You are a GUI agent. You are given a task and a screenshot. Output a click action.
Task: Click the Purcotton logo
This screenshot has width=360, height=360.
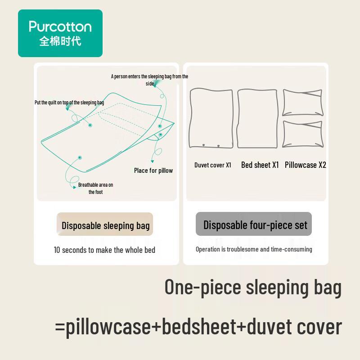[x=60, y=33]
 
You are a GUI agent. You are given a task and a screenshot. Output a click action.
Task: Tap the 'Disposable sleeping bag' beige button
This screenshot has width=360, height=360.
[x=105, y=225]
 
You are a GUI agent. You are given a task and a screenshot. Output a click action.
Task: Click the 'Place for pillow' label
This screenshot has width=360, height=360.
[x=153, y=171]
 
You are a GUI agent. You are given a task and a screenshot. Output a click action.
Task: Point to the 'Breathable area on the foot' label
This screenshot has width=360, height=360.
[x=95, y=189]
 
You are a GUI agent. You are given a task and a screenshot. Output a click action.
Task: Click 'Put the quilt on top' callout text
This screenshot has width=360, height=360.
[x=69, y=103]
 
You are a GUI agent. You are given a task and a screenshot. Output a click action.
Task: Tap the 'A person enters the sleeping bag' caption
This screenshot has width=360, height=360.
[x=149, y=80]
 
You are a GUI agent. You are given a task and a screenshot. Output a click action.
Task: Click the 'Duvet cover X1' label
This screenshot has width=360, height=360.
[x=213, y=165]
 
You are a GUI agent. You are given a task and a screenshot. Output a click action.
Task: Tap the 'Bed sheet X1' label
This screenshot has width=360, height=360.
[x=260, y=165]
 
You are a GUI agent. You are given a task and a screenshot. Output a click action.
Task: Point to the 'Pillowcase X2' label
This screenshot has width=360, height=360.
[x=306, y=165]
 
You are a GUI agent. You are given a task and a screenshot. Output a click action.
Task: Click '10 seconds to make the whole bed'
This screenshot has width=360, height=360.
[x=104, y=250]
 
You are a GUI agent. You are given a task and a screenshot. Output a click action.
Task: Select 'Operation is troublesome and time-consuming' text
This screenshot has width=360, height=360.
[x=254, y=249]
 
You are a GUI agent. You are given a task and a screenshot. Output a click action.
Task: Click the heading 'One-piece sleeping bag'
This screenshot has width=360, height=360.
[x=253, y=287]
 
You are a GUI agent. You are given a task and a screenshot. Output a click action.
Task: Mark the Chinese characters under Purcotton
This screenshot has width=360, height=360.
[x=60, y=41]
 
